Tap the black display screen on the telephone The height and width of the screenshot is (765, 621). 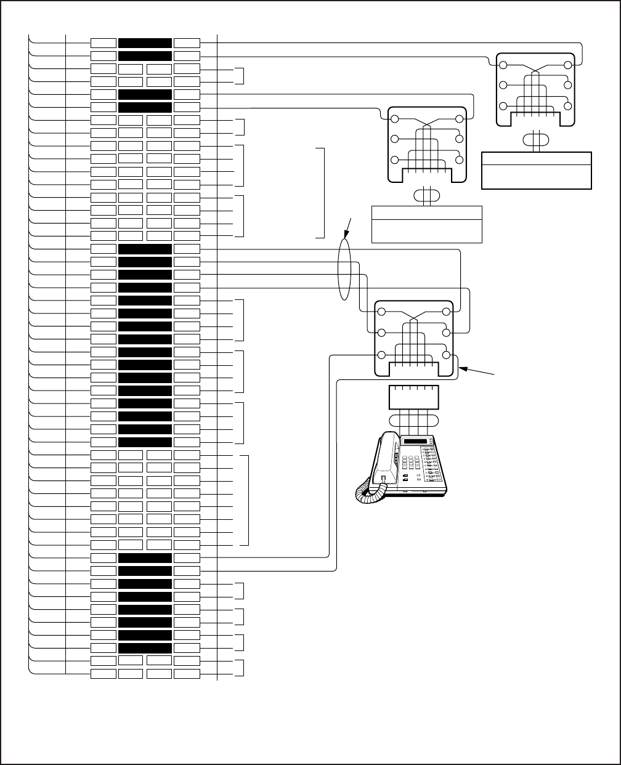click(x=417, y=441)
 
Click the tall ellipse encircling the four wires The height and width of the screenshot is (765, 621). click(x=344, y=271)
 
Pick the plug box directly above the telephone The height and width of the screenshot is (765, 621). click(x=413, y=398)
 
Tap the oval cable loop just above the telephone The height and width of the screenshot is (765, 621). click(x=413, y=421)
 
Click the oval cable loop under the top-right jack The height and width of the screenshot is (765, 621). click(x=536, y=139)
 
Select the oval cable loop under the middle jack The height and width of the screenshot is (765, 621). click(x=426, y=195)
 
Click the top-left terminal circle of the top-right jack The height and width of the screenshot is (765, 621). click(x=503, y=65)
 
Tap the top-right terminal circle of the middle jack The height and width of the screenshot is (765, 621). click(x=459, y=119)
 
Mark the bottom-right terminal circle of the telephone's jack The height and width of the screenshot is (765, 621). click(x=446, y=355)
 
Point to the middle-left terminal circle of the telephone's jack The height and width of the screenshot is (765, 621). click(x=381, y=333)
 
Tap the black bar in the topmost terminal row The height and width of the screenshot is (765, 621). click(x=145, y=43)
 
